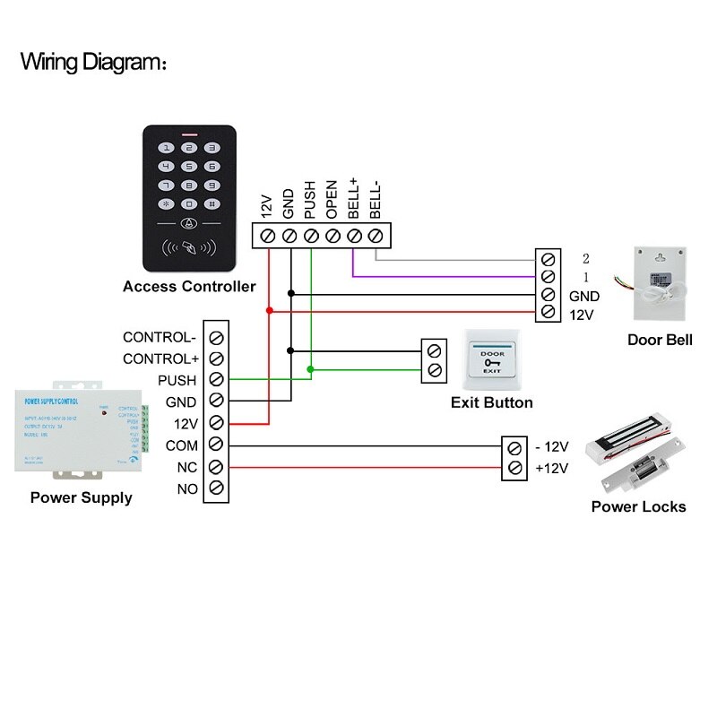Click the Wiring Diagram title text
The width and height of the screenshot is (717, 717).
pyautogui.click(x=93, y=63)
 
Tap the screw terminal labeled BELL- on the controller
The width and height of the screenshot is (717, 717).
pyautogui.click(x=376, y=236)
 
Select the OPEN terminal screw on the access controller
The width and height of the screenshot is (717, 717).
pyautogui.click(x=333, y=236)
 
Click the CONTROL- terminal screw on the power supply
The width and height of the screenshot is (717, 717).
pyautogui.click(x=216, y=338)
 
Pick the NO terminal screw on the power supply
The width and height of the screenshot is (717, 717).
pyautogui.click(x=216, y=488)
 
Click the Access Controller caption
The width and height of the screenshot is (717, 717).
pyautogui.click(x=189, y=287)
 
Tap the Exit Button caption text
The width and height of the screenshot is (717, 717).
pyautogui.click(x=491, y=402)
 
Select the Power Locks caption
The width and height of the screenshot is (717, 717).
pyautogui.click(x=638, y=506)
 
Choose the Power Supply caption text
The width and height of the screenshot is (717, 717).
pyautogui.click(x=81, y=497)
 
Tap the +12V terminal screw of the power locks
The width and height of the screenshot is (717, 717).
pyautogui.click(x=514, y=467)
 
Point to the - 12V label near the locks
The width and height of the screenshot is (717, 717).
pyautogui.click(x=551, y=446)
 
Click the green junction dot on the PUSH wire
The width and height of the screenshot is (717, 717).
pyautogui.click(x=311, y=369)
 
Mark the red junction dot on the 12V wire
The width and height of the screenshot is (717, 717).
pyautogui.click(x=269, y=310)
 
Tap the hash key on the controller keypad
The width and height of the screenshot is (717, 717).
pyautogui.click(x=212, y=203)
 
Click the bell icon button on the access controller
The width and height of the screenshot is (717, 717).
pyautogui.click(x=188, y=224)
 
